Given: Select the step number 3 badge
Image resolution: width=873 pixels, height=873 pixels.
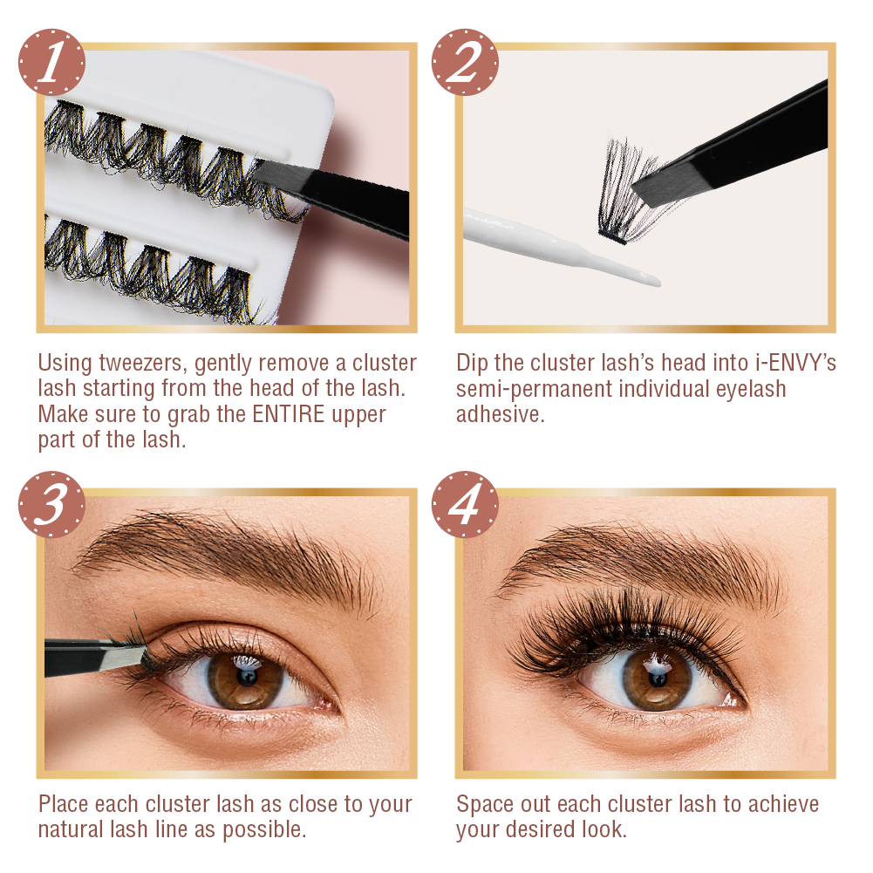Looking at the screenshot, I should tap(51, 505).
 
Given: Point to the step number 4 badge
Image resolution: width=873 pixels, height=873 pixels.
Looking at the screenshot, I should tap(465, 505).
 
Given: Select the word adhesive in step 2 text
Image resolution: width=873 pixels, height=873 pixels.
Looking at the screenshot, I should tap(500, 414).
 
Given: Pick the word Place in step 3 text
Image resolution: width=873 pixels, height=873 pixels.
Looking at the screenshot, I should tap(65, 803).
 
